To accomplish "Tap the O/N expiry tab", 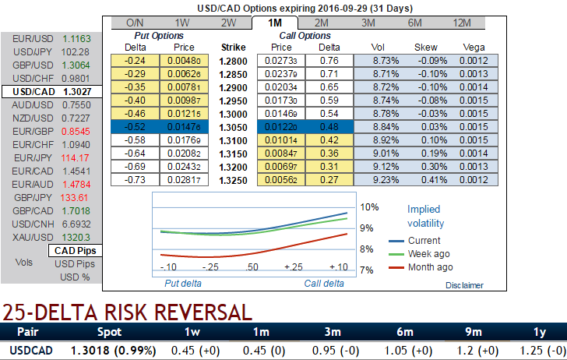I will click(135, 23).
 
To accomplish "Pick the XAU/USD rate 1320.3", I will click(76, 237).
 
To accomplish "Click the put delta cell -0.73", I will click(137, 180).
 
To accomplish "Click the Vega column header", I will click(474, 47).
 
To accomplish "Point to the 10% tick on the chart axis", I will click(369, 207).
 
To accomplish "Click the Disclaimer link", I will click(464, 285).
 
